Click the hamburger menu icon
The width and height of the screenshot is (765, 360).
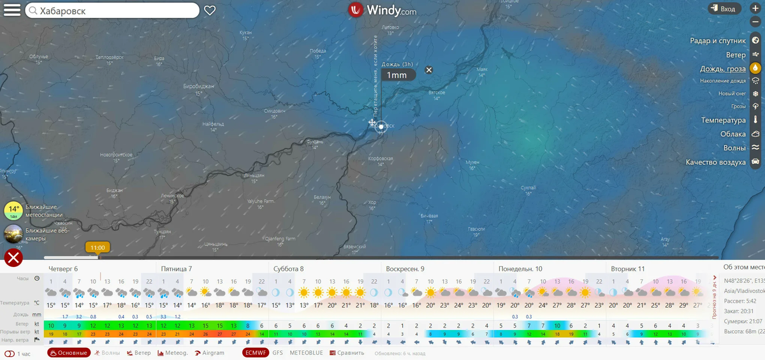point(12,10)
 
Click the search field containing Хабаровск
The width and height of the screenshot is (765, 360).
point(112,11)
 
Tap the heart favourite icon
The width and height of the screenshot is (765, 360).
point(210,10)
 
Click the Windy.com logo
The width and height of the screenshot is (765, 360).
point(382,10)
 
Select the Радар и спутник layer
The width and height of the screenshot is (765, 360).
point(718,41)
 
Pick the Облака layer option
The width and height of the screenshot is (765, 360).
point(733,134)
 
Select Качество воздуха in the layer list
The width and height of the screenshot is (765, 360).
point(715,162)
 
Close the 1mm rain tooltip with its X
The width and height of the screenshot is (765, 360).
point(429,70)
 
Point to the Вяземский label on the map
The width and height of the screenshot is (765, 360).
point(354,246)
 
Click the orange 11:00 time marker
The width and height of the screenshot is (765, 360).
point(98,247)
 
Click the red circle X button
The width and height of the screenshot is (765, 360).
point(13,257)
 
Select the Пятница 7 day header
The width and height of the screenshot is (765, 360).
point(177,269)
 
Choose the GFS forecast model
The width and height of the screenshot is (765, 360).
point(278,353)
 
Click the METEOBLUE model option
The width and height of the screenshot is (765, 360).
point(306,353)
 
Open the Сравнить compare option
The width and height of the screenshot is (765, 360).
point(347,353)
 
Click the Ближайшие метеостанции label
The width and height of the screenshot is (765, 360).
point(44,211)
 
